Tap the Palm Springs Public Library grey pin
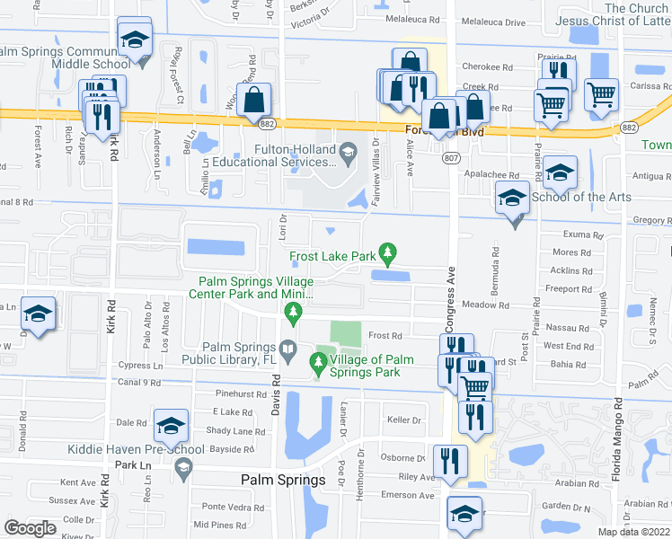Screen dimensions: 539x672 (288, 348)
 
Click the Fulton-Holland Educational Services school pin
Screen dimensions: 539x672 (347, 153)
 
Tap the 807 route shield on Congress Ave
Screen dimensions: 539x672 (450, 158)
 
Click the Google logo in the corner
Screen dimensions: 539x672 (30, 527)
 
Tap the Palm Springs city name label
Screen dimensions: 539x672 (283, 480)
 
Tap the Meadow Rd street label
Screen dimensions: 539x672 (485, 305)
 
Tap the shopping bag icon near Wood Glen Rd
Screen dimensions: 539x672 (254, 100)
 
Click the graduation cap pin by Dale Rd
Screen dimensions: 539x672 (171, 426)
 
